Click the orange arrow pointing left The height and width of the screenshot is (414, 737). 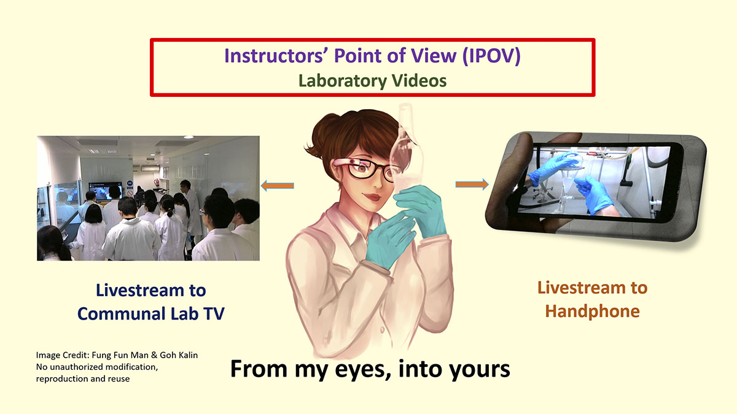(278, 186)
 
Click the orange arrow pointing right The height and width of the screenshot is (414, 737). (472, 185)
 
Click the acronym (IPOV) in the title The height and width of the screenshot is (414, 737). (491, 56)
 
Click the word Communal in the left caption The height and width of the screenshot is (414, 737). (122, 313)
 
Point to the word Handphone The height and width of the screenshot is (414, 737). (592, 311)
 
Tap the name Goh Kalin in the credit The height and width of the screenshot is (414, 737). (179, 355)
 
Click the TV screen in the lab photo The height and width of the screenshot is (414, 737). (105, 191)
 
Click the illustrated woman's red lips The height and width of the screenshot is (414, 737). (372, 197)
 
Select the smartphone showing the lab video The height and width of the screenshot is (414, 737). (596, 186)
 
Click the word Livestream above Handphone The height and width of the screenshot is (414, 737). (582, 288)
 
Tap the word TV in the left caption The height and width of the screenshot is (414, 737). (214, 313)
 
